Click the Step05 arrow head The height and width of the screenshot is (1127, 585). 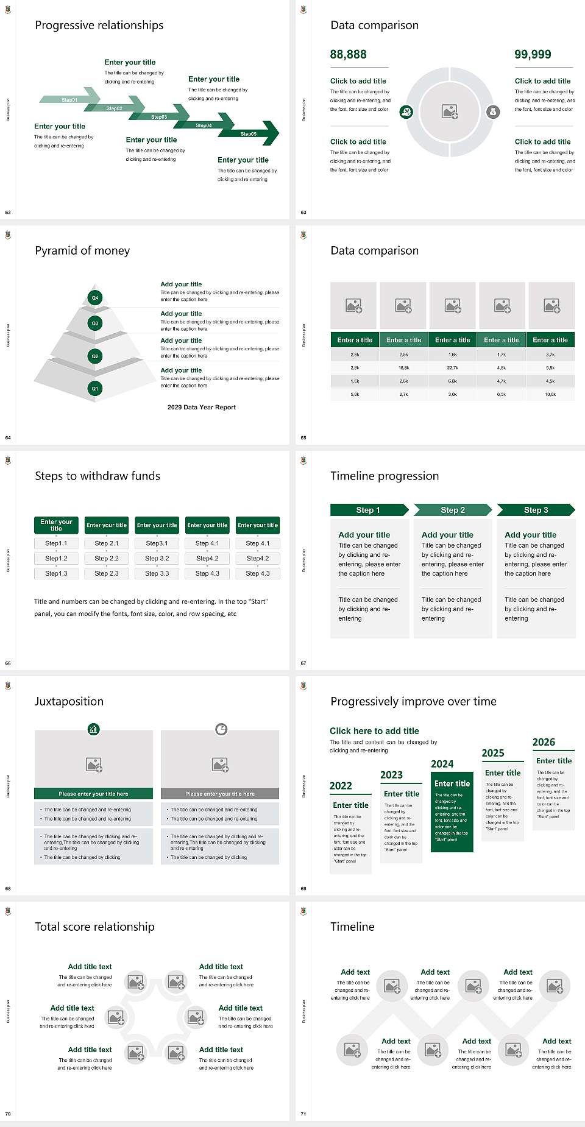[x=268, y=133]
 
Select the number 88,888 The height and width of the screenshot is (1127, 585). [x=348, y=54]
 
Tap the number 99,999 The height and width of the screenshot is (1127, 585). [x=533, y=54]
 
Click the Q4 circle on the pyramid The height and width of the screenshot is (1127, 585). [x=95, y=298]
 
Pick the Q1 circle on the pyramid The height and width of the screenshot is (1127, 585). [x=95, y=388]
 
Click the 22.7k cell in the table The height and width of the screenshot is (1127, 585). [x=452, y=368]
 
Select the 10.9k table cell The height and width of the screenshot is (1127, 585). [x=550, y=394]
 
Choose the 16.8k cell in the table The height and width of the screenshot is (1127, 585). [x=403, y=368]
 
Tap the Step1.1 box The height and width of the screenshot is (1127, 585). [x=56, y=543]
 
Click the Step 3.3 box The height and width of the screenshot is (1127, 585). [x=157, y=573]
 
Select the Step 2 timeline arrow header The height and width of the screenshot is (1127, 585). [x=453, y=510]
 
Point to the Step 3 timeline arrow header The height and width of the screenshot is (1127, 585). [x=536, y=510]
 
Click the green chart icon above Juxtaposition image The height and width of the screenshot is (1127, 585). [x=93, y=729]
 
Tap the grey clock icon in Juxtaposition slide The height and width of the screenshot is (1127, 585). [x=221, y=729]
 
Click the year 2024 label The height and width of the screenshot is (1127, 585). [x=442, y=764]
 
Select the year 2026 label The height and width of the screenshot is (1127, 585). [x=544, y=742]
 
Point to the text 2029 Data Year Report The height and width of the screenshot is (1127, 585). [x=201, y=407]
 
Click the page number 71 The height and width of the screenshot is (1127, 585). [x=303, y=1114]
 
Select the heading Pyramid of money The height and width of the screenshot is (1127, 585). [x=82, y=250]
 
